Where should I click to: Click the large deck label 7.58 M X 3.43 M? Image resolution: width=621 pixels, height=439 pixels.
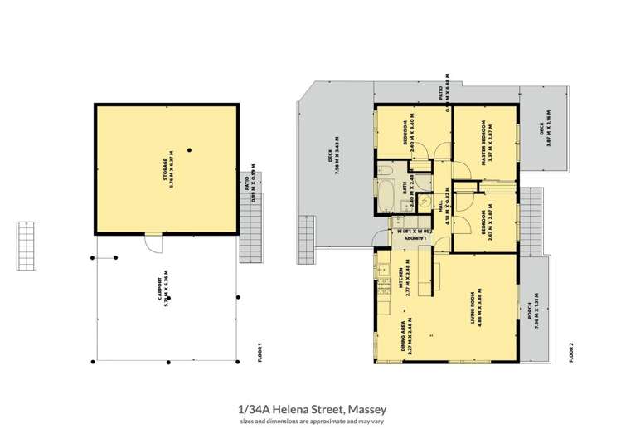337,176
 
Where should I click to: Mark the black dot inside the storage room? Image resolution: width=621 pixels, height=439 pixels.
190,150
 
